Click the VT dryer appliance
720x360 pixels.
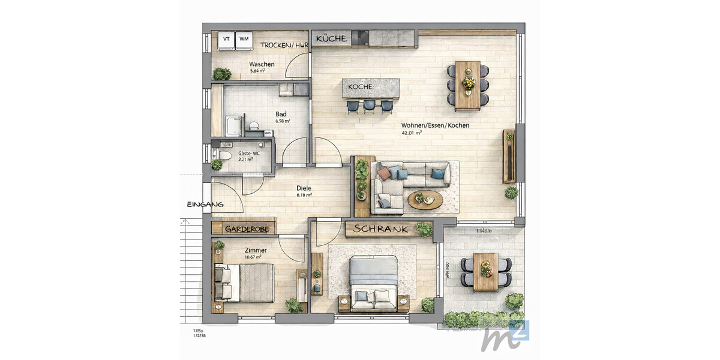point(226,39)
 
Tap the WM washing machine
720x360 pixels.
point(244,39)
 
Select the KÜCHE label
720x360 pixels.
point(331,38)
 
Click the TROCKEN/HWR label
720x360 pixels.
point(284,45)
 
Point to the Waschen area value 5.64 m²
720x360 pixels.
point(257,71)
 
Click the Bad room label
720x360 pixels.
point(281,114)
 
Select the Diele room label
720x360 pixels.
point(304,188)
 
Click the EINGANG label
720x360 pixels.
point(205,205)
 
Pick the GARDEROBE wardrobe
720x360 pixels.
point(244,229)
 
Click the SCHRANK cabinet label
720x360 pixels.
point(380,229)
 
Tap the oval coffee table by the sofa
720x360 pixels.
point(425,199)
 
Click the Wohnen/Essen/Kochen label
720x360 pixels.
point(436,125)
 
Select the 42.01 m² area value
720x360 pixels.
point(412,133)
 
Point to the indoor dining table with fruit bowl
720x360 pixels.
point(468,86)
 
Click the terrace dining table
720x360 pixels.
point(485,271)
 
